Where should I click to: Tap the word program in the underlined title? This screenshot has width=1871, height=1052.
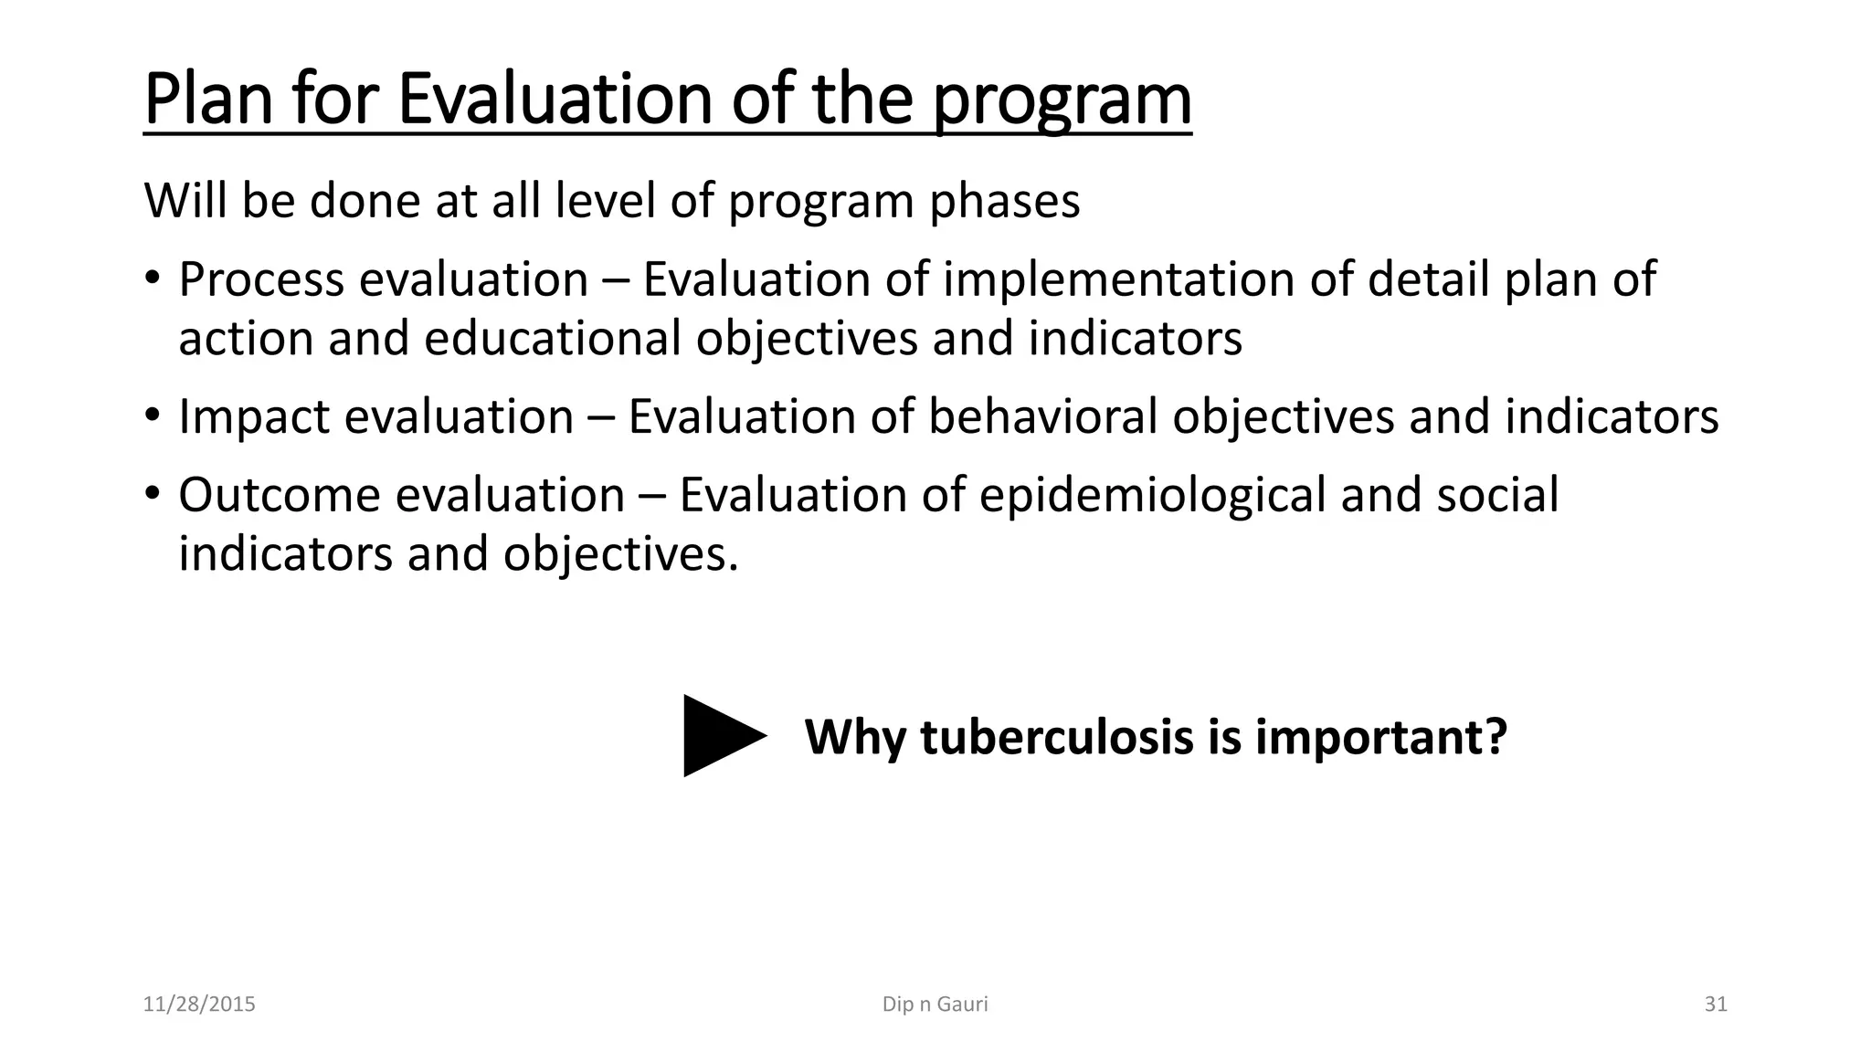1062,100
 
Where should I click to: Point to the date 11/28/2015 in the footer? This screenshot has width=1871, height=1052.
199,1005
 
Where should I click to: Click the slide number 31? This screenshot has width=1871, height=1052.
1716,1005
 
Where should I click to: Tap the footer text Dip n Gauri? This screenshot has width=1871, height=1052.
935,1005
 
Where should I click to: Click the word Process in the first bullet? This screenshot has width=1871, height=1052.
261,279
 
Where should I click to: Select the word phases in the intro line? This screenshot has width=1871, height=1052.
1004,201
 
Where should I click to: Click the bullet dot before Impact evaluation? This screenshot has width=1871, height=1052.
152,416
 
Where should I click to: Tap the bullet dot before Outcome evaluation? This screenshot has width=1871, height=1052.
152,495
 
